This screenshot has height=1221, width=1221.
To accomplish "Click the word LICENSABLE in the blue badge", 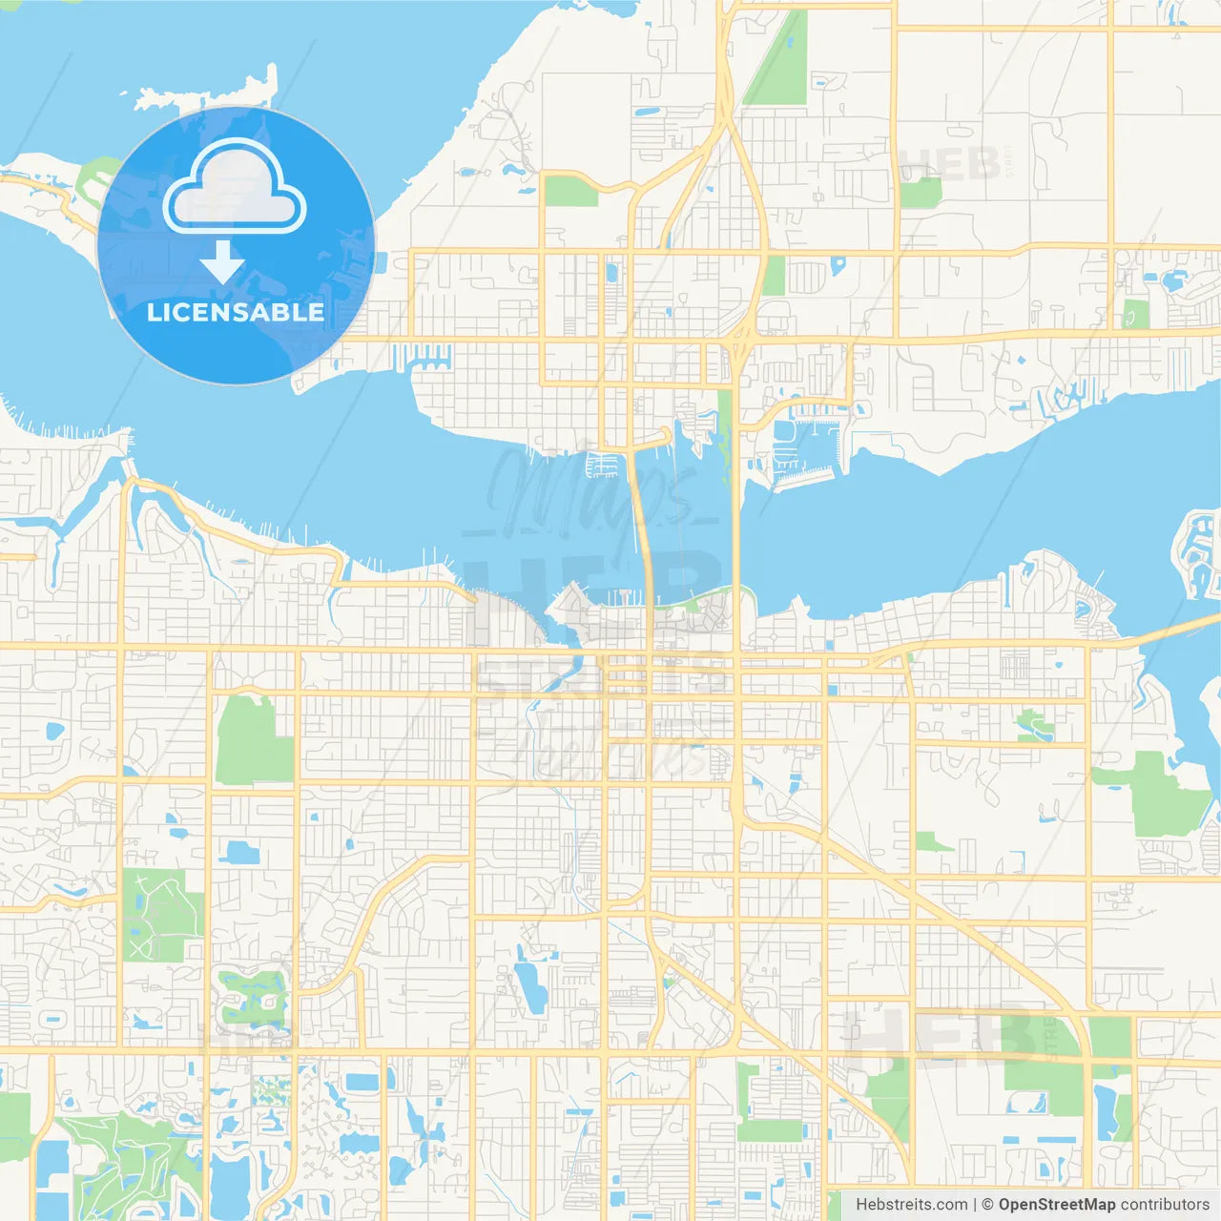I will pos(236,313).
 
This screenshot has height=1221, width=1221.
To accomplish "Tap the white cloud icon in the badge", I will pos(235,191).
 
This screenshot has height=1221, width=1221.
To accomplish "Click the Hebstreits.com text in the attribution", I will pos(911,1205).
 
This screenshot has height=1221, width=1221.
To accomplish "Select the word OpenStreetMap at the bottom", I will pos(1056,1205).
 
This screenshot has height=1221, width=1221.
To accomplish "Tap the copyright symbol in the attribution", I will pos(987,1205).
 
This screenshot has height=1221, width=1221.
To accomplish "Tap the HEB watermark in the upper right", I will pos(949,164).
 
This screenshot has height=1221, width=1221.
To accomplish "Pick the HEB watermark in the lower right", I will pos(940,1035).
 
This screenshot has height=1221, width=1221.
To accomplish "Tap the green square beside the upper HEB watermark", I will pos(920,193).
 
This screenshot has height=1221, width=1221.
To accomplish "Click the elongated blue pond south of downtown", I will pos(530,985).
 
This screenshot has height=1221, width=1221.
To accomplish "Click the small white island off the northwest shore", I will pos(205,92).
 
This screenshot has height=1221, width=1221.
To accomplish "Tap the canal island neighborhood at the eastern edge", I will pos(1198,553).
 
